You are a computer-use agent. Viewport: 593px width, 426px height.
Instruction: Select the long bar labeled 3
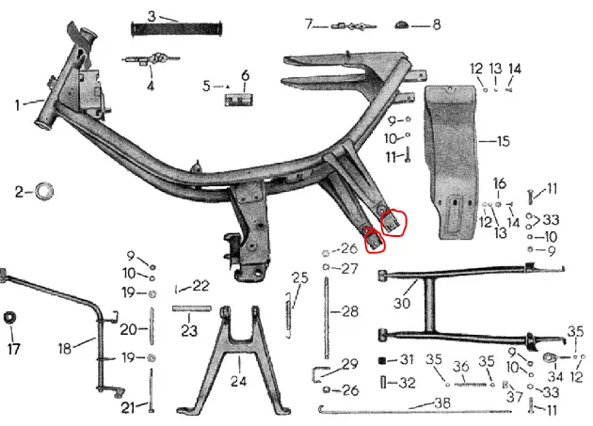(177, 29)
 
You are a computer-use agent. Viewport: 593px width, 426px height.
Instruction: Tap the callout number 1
(17, 105)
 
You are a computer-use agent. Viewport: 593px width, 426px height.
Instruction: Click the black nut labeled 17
(9, 317)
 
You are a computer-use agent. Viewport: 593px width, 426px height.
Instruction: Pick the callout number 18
(65, 348)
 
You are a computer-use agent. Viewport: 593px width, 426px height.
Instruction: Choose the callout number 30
(402, 303)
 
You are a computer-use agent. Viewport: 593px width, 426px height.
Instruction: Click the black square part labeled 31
(382, 360)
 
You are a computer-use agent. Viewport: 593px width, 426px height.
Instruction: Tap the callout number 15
(504, 141)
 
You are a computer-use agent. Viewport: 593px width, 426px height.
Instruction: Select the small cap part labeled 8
(402, 25)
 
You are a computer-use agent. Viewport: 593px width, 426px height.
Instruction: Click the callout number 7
(309, 24)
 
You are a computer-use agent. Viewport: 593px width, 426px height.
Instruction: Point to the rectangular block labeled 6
(239, 101)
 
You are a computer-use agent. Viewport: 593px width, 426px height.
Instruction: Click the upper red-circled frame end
(393, 223)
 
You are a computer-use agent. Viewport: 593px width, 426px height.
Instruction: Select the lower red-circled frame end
(374, 240)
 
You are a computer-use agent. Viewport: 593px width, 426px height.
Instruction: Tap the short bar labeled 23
(192, 308)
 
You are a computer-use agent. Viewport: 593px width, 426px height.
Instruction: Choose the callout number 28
(350, 312)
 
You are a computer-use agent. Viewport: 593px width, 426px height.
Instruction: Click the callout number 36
(461, 366)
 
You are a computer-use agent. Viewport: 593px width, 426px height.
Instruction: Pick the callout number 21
(128, 407)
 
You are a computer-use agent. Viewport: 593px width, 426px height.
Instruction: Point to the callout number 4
(151, 86)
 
